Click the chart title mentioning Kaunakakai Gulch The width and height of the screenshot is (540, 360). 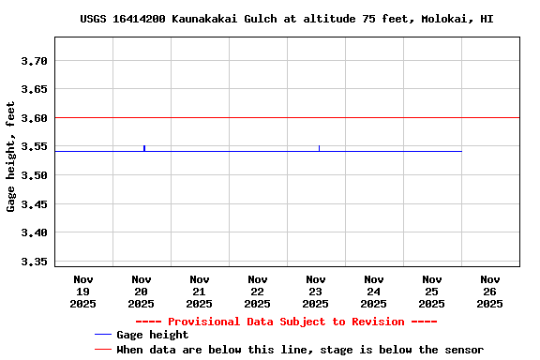pyautogui.click(x=286, y=19)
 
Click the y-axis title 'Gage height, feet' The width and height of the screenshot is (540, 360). pyautogui.click(x=11, y=157)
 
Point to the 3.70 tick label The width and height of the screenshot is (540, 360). pyautogui.click(x=34, y=61)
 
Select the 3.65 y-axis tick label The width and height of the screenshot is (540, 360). pyautogui.click(x=34, y=89)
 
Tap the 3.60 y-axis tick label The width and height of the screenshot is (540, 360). pyautogui.click(x=34, y=118)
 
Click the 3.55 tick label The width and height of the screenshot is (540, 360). pyautogui.click(x=34, y=146)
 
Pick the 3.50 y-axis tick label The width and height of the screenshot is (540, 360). pyautogui.click(x=34, y=175)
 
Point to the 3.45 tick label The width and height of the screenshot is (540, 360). pyautogui.click(x=34, y=203)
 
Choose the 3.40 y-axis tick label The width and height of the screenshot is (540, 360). pyautogui.click(x=34, y=232)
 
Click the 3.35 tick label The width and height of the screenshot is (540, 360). pyautogui.click(x=34, y=261)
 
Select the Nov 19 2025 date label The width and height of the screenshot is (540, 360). pyautogui.click(x=83, y=291)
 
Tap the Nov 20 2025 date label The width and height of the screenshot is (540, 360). pyautogui.click(x=142, y=291)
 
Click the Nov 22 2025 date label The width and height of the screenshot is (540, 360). pyautogui.click(x=258, y=291)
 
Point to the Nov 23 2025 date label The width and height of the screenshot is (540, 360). pyautogui.click(x=316, y=291)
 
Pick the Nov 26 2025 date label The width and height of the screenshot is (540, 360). pyautogui.click(x=489, y=291)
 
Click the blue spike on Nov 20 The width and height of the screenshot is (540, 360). pyautogui.click(x=144, y=147)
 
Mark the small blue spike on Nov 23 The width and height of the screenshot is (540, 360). pyautogui.click(x=319, y=148)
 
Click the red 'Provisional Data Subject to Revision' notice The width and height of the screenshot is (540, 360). pyautogui.click(x=286, y=322)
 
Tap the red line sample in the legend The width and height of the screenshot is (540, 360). pyautogui.click(x=103, y=350)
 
